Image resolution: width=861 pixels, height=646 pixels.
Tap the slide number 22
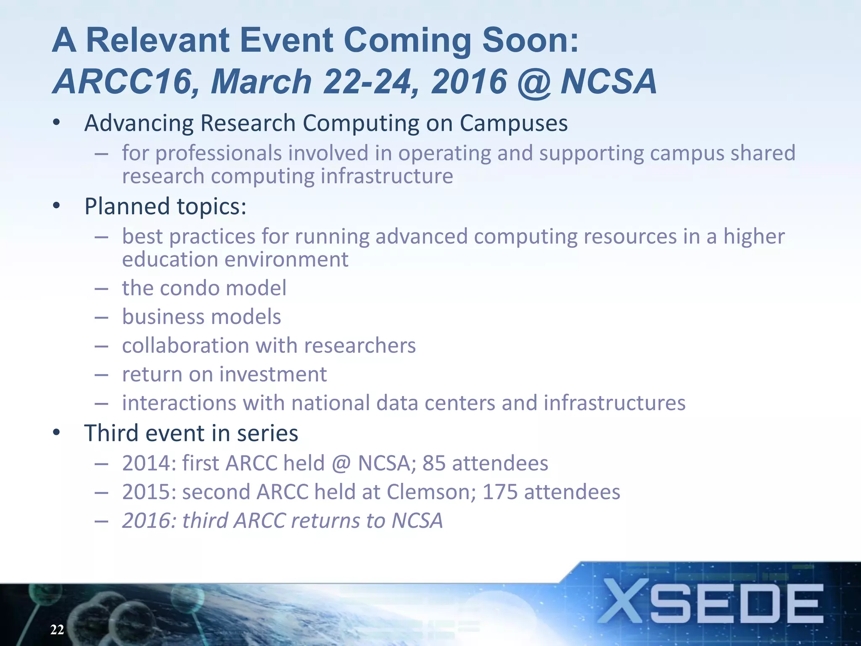click(57, 630)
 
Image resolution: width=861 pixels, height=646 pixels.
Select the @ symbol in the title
click(534, 82)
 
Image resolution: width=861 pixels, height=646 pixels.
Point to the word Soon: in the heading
click(530, 40)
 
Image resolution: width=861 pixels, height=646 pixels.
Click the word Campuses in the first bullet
click(513, 123)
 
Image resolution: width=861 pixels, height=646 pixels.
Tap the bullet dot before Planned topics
click(57, 206)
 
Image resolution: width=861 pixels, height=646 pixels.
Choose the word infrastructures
click(614, 403)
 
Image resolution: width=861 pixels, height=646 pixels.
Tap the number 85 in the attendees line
click(433, 463)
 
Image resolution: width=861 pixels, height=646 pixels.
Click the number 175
click(500, 492)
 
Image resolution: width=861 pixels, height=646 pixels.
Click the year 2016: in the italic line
click(149, 521)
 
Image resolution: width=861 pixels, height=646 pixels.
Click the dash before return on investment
click(101, 375)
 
